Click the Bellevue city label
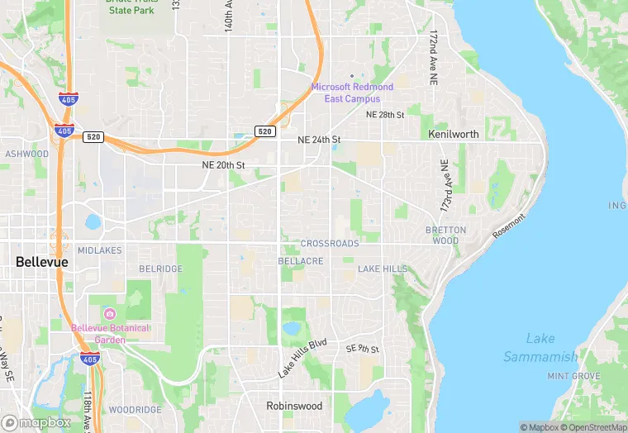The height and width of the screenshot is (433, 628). (x=41, y=262)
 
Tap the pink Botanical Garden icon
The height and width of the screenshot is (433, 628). (x=110, y=314)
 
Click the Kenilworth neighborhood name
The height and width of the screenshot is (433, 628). (x=454, y=134)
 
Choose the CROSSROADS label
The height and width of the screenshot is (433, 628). (x=330, y=244)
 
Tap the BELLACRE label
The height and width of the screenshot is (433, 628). (x=301, y=261)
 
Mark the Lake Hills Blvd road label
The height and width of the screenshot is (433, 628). (x=302, y=358)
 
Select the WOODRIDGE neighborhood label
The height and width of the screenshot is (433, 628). (x=135, y=410)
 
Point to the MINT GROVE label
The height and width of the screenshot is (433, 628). (x=573, y=376)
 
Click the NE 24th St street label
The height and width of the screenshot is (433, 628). (x=319, y=140)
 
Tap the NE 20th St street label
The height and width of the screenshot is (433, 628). (x=223, y=165)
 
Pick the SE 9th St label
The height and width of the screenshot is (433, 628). (x=362, y=350)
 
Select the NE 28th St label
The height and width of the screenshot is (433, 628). (x=385, y=114)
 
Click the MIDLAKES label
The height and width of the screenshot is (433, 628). (x=99, y=250)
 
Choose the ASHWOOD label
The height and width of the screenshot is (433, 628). (x=26, y=154)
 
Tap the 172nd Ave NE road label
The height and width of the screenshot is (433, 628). (x=433, y=59)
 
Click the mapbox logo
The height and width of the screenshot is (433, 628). (x=36, y=421)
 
